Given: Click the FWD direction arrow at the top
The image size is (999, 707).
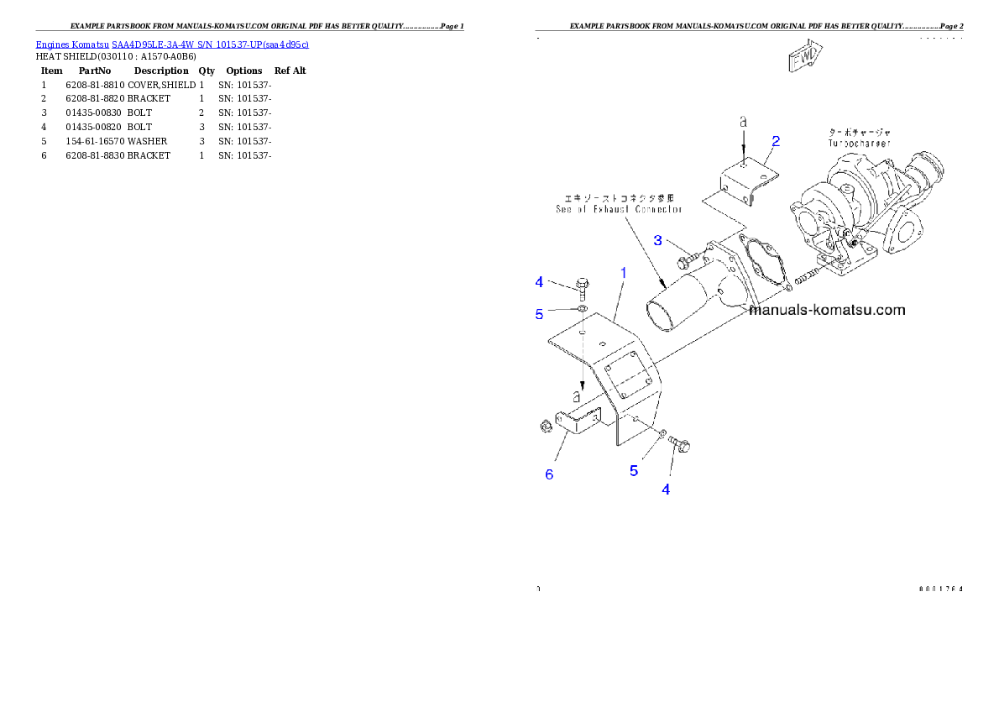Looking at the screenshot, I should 804,56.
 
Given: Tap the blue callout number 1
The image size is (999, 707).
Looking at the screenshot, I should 623,273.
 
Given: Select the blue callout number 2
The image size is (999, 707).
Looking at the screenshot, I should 776,141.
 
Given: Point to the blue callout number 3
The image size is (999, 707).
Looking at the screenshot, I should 659,241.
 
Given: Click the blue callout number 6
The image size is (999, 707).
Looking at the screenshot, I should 549,474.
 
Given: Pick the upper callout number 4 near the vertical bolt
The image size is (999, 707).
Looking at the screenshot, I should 540,282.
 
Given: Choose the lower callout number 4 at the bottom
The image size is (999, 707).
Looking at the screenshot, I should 666,490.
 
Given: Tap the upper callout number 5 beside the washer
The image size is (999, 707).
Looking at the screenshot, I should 540,314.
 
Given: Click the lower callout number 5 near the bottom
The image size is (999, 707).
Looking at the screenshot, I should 634,471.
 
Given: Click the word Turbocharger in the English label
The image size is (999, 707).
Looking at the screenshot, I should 858,144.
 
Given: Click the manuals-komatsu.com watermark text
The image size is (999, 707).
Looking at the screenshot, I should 827,310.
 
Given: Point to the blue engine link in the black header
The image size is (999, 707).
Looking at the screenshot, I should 172,44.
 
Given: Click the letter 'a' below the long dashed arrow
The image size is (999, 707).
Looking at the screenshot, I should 577,395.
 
